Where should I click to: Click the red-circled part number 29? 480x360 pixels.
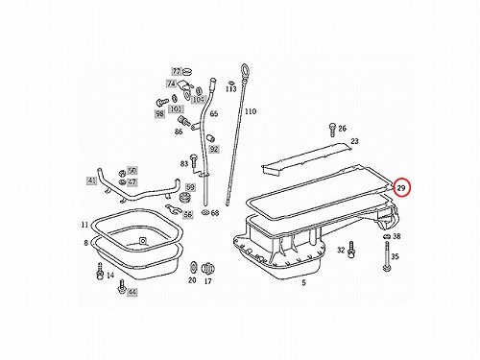401,188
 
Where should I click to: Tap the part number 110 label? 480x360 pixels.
251,111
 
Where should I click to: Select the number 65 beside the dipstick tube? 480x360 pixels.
214,113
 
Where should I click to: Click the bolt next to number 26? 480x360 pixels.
332,130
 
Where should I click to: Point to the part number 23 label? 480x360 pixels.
354,141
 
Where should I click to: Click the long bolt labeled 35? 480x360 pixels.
387,256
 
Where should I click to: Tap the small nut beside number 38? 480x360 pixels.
386,237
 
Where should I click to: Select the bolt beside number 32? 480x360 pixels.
351,250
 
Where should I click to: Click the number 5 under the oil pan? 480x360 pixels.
303,282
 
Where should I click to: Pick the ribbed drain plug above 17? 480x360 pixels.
208,269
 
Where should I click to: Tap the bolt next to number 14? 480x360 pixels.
100,272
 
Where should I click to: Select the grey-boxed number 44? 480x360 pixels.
132,292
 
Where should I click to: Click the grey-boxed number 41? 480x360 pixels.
91,181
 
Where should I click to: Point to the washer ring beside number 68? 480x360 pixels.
204,212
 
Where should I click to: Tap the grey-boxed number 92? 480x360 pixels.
214,149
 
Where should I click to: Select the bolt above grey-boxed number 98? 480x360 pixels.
162,102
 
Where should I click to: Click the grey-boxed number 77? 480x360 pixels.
177,71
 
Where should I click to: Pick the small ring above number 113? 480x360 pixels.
229,83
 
